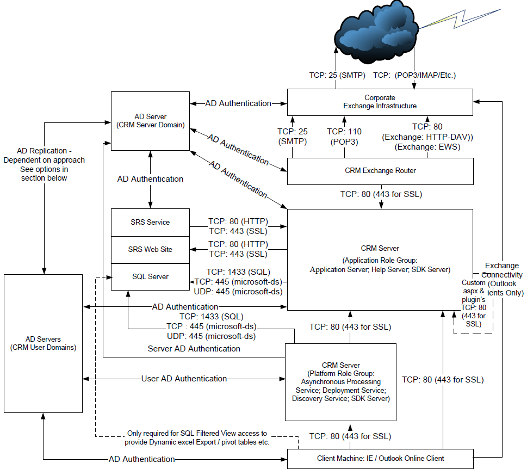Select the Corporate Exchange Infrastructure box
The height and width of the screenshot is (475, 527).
pos(380,102)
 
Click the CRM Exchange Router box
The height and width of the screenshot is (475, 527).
pos(380,171)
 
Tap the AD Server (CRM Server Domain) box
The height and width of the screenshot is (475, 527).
pos(150,121)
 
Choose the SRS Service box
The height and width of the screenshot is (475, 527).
pos(150,222)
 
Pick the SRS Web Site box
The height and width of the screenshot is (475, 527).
pos(150,249)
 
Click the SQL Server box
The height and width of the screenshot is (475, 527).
pos(150,276)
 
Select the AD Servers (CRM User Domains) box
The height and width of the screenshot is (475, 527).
pos(44,343)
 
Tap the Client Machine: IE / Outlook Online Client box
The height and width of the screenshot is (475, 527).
pos(380,458)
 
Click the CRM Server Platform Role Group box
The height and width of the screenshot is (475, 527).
pos(340,382)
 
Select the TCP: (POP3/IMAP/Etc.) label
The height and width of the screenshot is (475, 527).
pos(414,75)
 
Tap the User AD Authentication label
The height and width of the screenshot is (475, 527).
pos(184,379)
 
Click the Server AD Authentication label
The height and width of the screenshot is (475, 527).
pos(194,348)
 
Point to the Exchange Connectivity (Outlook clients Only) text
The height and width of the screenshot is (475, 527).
pos(502,279)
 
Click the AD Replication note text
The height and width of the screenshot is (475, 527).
pos(44,164)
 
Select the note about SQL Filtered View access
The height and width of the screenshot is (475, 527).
pos(198,438)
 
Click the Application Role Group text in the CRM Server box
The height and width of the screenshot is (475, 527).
pos(380,265)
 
